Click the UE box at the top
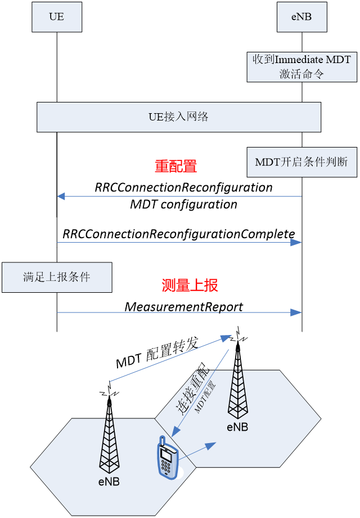pos(57,16)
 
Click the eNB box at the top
pos(301,16)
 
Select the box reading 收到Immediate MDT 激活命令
pos(301,66)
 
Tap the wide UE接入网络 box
pos(178,117)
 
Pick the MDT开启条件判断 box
pos(301,162)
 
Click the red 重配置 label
pos(175,166)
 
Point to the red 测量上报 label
pos(190,285)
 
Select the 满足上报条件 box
pos(57,277)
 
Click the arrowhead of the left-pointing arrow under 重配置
pos(61,197)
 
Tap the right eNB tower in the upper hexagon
pos(237,388)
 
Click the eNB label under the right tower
pos(237,427)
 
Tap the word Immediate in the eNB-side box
pos(300,60)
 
